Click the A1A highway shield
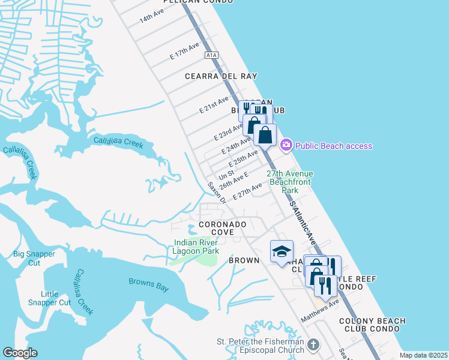211,55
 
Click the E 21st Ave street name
214,105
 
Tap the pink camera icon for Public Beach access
286,145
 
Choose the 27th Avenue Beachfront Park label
291,182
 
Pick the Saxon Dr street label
217,193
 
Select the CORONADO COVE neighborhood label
223,228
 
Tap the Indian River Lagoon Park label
196,247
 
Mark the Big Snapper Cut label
35,258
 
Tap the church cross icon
312,345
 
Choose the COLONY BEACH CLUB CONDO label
372,325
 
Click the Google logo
20,353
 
